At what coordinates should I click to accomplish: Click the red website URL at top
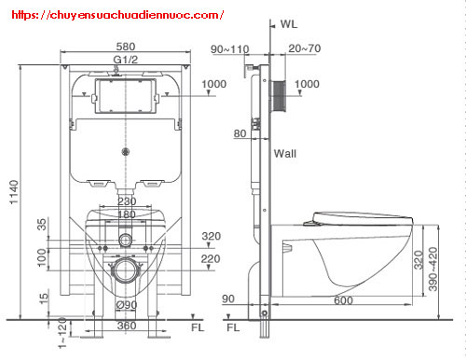pyautogui.click(x=117, y=15)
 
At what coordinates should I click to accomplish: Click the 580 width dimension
pyautogui.click(x=126, y=47)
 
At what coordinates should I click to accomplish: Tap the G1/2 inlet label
pyautogui.click(x=125, y=60)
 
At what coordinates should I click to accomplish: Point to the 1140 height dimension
pyautogui.click(x=14, y=192)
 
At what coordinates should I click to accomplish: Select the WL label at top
pyautogui.click(x=289, y=24)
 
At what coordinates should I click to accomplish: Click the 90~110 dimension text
pyautogui.click(x=230, y=49)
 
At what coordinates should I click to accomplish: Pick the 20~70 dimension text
pyautogui.click(x=305, y=48)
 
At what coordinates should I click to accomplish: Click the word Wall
pyautogui.click(x=285, y=153)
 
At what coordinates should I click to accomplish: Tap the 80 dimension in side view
pyautogui.click(x=240, y=133)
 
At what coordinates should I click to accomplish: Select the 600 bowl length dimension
pyautogui.click(x=343, y=300)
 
